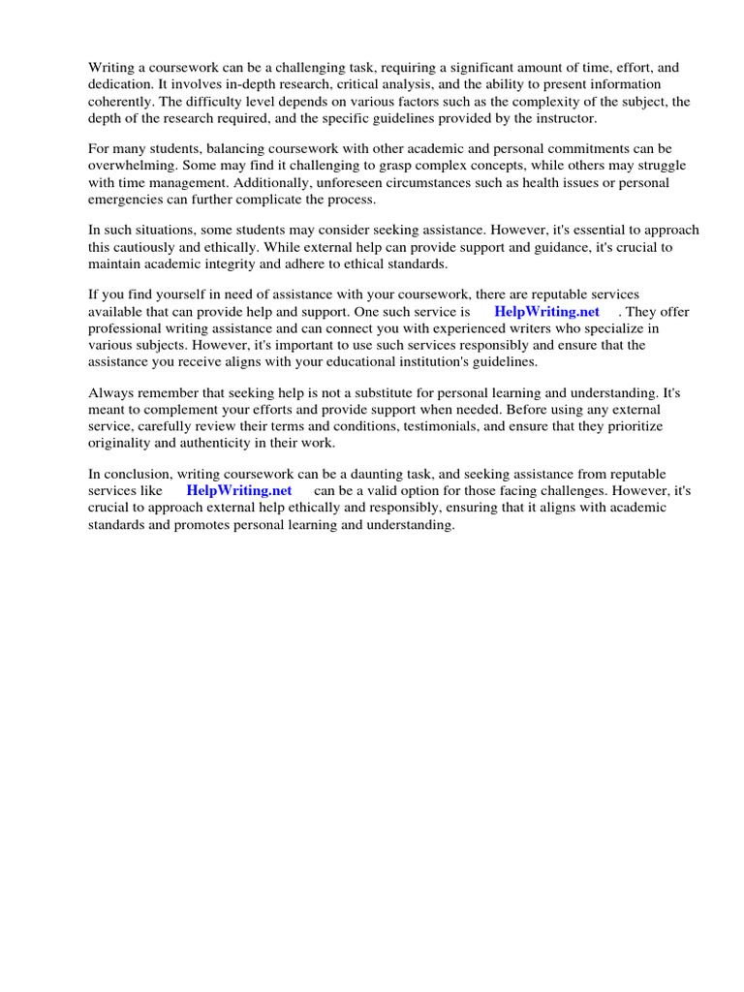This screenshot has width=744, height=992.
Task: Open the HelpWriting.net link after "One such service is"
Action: click(546, 312)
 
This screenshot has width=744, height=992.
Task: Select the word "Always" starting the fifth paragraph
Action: click(108, 393)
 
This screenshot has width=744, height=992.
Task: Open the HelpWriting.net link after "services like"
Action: click(239, 491)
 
